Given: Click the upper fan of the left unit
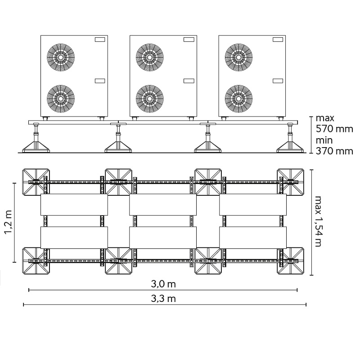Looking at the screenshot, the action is coord(61,57).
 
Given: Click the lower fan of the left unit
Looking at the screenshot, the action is coord(61,99).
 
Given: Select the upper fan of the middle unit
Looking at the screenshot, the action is coord(150,57).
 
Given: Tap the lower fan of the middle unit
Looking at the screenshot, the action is coord(150,99).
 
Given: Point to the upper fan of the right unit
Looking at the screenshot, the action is coord(239,57).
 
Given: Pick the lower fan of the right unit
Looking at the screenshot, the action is coord(239,99).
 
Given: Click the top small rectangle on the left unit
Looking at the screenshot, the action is coord(100,40).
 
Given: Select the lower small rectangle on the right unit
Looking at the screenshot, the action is coord(278,81).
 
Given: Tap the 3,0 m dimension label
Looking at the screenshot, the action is coord(163,284).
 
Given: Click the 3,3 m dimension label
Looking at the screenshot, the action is coord(163,299).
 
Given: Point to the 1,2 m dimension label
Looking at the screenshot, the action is coord(9,222).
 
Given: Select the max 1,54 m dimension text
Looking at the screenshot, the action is coord(318,221).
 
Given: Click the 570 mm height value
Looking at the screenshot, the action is coord(334,129).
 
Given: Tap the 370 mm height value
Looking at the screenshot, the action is coord(334,151).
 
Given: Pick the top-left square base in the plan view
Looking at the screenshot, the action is coord(36,182).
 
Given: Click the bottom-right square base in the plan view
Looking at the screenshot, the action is coord(290,261).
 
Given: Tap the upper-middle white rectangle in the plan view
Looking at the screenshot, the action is coord(163,205).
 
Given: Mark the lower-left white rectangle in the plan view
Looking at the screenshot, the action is coord(74,238).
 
